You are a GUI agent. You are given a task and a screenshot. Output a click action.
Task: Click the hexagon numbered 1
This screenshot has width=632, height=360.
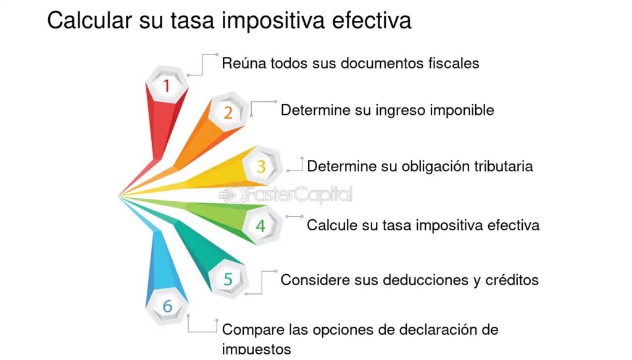(x=167, y=85)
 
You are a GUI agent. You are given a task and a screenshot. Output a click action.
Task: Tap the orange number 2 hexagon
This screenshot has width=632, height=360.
(x=228, y=112)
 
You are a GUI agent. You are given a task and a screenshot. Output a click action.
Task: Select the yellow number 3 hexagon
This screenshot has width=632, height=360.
(x=261, y=166)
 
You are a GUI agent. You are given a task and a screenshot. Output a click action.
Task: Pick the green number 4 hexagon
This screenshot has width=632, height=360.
(x=261, y=225)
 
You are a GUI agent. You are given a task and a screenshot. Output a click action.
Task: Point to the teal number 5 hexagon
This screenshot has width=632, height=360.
(x=228, y=278)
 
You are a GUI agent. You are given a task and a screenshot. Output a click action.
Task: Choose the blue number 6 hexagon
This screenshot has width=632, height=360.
(x=167, y=306)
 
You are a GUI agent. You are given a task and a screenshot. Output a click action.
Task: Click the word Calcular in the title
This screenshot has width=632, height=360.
(x=89, y=20)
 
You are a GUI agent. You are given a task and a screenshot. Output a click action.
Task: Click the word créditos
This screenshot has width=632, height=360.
(x=512, y=280)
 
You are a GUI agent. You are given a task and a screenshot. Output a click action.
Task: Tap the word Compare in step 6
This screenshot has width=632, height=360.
(x=253, y=330)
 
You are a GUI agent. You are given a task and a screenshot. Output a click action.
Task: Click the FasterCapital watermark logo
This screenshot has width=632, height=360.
(x=285, y=195)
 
